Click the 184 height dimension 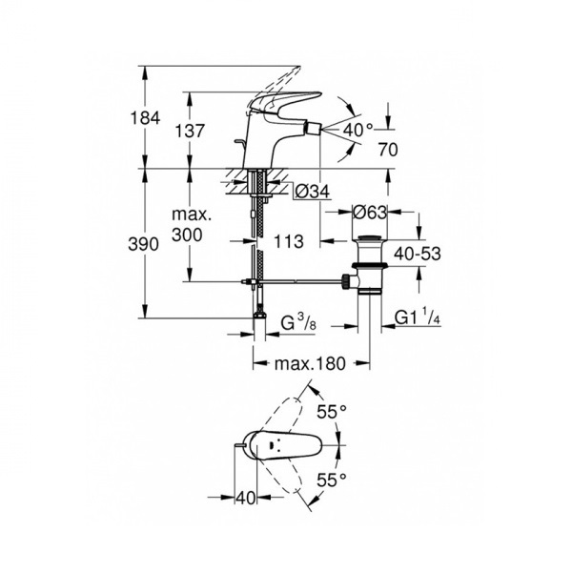[145, 118]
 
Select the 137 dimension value [190, 131]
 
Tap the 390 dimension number [143, 244]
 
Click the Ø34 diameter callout [312, 192]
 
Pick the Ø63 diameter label [369, 212]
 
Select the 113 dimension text [289, 241]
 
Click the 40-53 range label [418, 254]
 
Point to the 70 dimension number [388, 150]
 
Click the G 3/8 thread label [298, 322]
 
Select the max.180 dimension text [310, 363]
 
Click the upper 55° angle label [331, 412]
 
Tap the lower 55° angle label [331, 480]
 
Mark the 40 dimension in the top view [245, 498]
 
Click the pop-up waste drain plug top [370, 237]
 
